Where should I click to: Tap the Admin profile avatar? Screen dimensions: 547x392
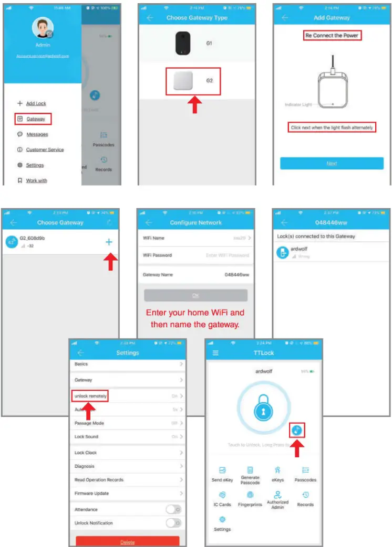43,28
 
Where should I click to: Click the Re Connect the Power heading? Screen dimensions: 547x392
333,36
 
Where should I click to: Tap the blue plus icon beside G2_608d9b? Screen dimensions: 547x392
109,242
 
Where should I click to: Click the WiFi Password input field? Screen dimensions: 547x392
227,255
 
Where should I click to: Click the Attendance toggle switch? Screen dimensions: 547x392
173,509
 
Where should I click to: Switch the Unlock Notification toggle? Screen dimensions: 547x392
173,523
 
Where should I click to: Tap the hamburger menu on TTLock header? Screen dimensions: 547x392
215,353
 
